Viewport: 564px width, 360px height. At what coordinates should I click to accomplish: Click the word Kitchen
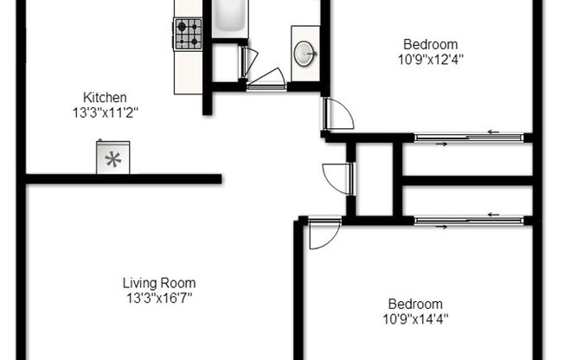[x=105, y=97]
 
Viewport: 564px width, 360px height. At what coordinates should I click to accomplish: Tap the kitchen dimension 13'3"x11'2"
[x=105, y=111]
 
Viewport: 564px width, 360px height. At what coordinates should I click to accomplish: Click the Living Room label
[x=158, y=283]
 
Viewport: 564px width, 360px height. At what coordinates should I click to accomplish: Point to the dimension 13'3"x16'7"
[x=158, y=298]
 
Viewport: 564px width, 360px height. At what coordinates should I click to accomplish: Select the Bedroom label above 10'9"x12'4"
[x=430, y=45]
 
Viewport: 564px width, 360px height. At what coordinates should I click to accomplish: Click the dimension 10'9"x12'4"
[x=430, y=60]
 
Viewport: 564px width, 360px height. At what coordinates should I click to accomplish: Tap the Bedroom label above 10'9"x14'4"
[x=415, y=304]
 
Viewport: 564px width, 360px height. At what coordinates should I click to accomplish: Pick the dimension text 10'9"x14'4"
[x=415, y=318]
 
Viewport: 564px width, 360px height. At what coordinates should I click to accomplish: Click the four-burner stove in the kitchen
[x=188, y=35]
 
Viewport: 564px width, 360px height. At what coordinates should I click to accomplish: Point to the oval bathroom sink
[x=304, y=53]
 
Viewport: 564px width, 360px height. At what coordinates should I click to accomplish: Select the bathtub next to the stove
[x=230, y=17]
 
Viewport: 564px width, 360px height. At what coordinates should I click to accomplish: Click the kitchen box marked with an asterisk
[x=112, y=158]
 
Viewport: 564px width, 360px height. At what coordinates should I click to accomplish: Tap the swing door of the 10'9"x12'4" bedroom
[x=336, y=113]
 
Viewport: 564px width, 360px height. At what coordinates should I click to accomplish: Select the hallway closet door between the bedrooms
[x=338, y=178]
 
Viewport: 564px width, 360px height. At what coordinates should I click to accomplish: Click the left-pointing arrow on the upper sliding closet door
[x=493, y=132]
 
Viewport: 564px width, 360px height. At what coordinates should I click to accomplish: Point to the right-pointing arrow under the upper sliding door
[x=441, y=143]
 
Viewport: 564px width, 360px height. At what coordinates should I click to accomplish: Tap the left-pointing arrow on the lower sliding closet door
[x=493, y=215]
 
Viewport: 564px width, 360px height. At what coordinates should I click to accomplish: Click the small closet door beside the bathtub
[x=247, y=61]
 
